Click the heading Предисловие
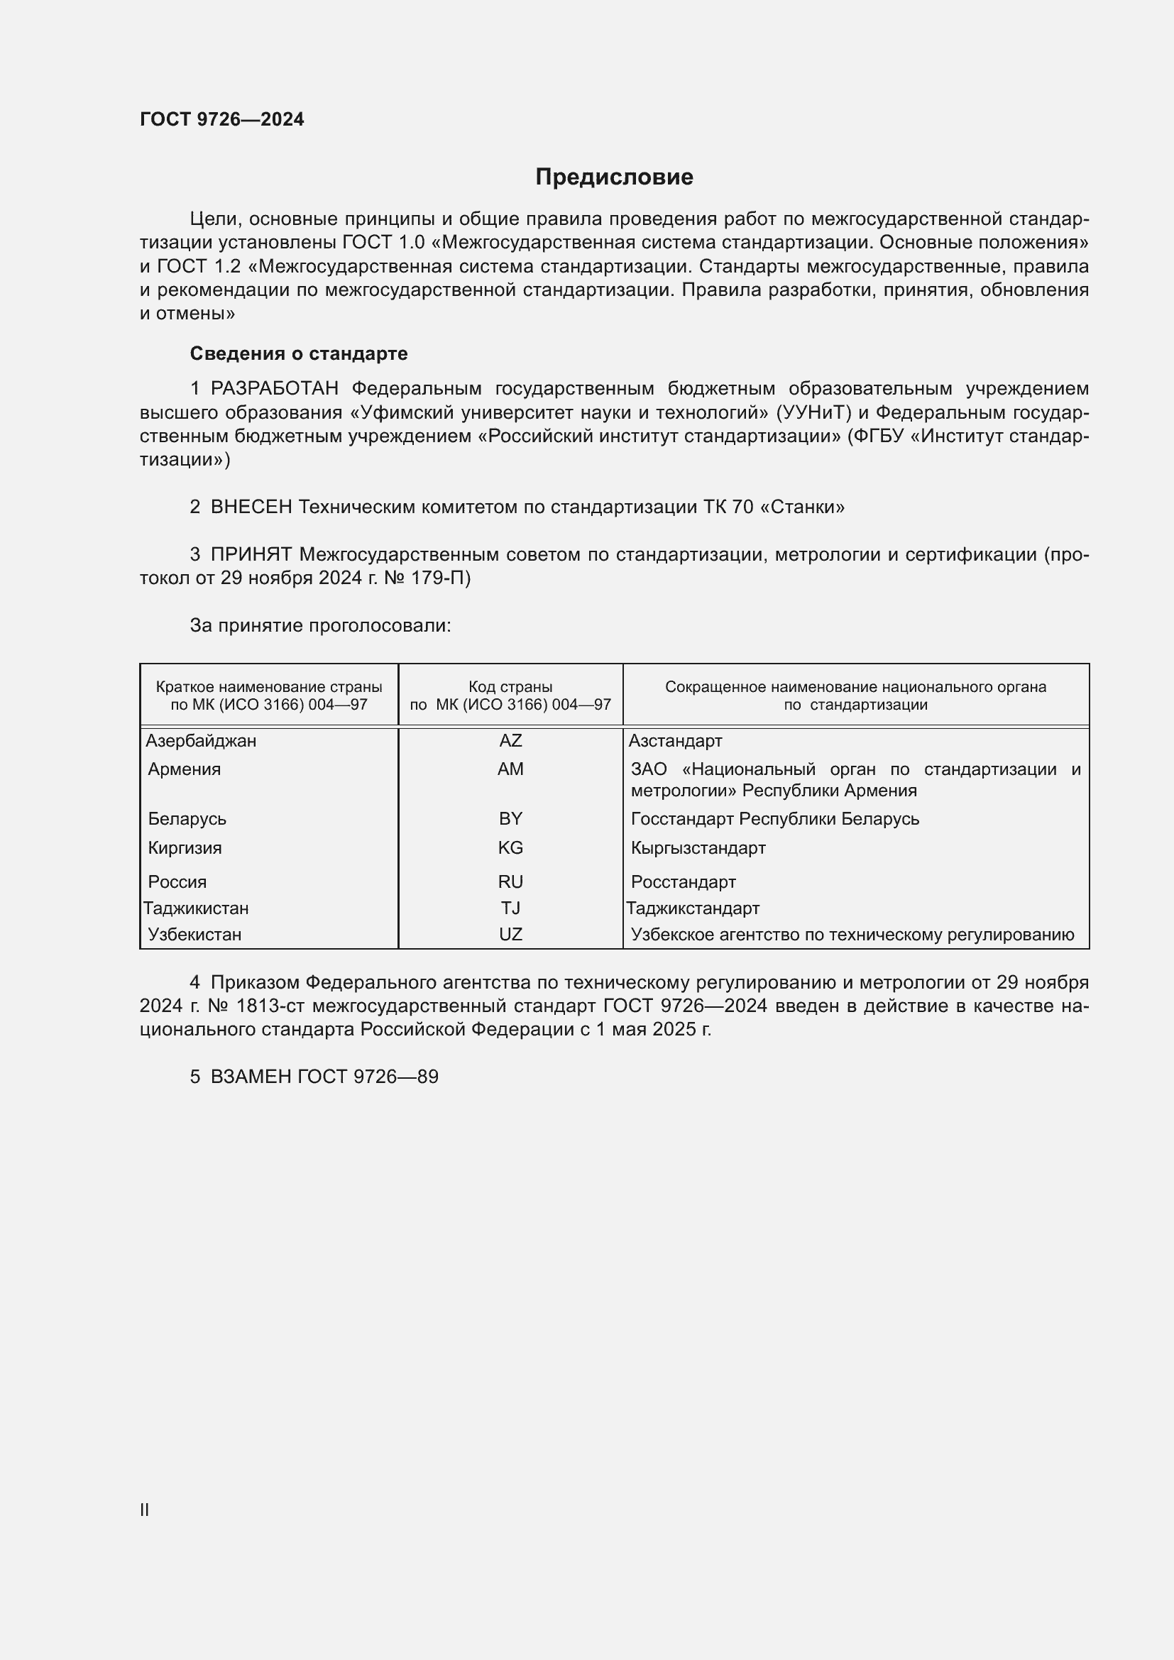[x=614, y=177]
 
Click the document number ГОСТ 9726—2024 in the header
[x=222, y=119]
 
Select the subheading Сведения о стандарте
[x=299, y=353]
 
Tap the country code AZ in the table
[x=510, y=740]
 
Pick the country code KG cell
[x=510, y=847]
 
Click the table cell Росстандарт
[x=683, y=882]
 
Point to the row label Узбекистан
[x=194, y=934]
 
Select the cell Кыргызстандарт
[x=698, y=847]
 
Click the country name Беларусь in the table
[x=187, y=818]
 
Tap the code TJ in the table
[x=510, y=908]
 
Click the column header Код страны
[x=510, y=687]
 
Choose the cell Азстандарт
[x=675, y=740]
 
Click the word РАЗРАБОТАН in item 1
[x=275, y=389]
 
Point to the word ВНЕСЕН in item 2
[x=251, y=507]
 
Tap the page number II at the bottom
[x=145, y=1510]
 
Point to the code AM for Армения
[x=510, y=769]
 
